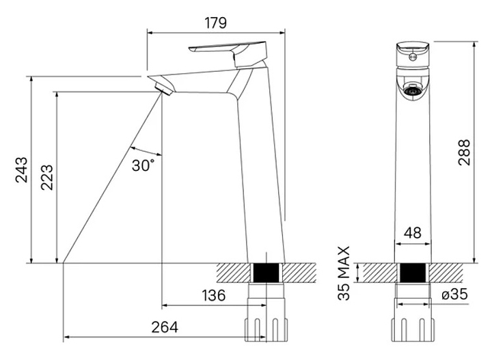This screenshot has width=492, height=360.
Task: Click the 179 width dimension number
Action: [x=215, y=23]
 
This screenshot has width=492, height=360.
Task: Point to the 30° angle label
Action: [x=143, y=165]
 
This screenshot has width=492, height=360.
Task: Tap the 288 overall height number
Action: [x=464, y=154]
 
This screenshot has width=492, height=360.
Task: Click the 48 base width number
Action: [x=413, y=233]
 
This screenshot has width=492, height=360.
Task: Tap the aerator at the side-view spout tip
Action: [x=163, y=87]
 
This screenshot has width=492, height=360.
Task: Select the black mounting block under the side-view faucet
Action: [x=266, y=272]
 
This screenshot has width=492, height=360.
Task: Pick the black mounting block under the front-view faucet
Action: [x=412, y=272]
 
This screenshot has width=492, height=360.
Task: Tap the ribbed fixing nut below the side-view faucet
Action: [x=266, y=324]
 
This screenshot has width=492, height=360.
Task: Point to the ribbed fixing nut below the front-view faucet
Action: [x=412, y=324]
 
